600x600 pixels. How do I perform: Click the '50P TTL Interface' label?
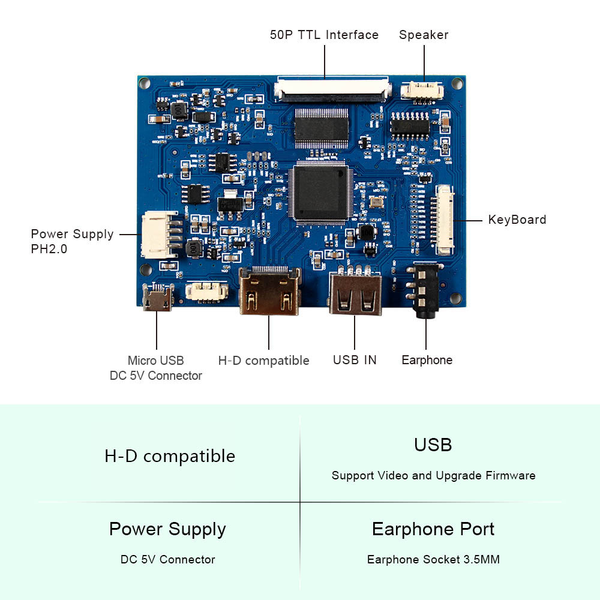coord(324,35)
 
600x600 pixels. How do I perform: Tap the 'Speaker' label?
coord(424,35)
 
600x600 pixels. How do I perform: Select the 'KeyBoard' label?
coord(517,220)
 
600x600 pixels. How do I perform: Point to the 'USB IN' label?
coord(355,360)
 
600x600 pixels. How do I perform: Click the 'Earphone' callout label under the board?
coord(427,360)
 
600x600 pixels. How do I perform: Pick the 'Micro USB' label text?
coord(156,361)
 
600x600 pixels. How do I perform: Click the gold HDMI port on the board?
coord(269,291)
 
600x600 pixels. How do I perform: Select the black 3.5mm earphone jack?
coord(425,291)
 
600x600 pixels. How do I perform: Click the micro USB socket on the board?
coord(157,298)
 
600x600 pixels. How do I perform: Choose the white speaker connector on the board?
coord(422,92)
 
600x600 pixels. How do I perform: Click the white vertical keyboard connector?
coord(443,220)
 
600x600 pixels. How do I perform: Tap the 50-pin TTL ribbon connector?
coord(332,89)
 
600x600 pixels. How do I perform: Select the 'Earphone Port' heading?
coord(433,529)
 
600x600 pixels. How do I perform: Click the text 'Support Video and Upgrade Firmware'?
coord(434,476)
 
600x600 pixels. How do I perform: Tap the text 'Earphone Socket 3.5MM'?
coord(433,559)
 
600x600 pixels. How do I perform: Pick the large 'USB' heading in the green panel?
coord(433,445)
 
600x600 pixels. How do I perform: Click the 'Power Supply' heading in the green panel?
coord(167,530)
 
